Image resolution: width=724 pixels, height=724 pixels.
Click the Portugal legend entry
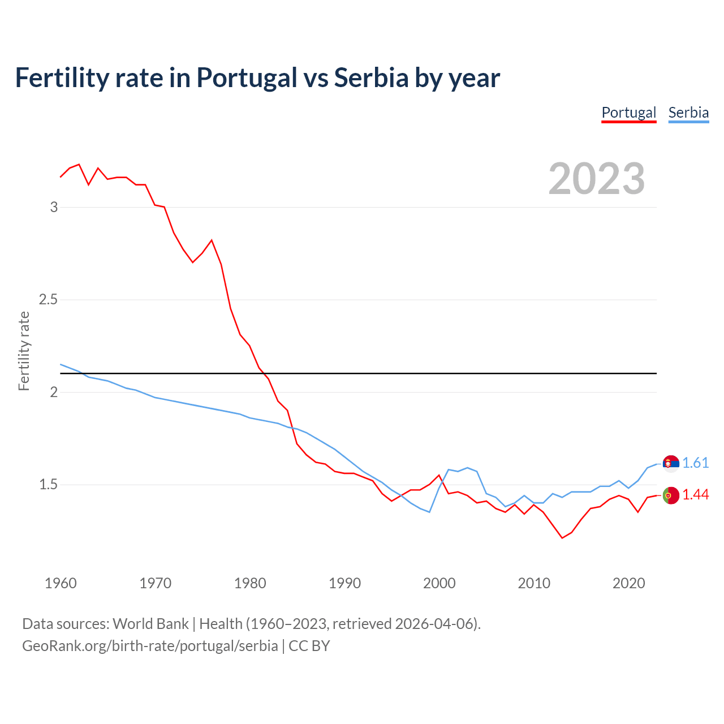click(x=628, y=113)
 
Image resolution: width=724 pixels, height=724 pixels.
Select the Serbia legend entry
click(x=688, y=113)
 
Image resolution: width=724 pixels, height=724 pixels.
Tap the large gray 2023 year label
click(x=597, y=179)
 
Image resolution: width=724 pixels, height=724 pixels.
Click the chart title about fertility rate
click(x=257, y=77)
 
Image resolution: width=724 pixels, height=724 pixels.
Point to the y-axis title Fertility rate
click(x=24, y=351)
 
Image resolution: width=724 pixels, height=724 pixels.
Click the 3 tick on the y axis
click(x=54, y=207)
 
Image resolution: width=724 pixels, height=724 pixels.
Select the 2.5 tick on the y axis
click(x=49, y=299)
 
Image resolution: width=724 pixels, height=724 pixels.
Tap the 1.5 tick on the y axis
click(x=49, y=484)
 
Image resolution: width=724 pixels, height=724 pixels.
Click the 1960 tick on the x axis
click(x=61, y=583)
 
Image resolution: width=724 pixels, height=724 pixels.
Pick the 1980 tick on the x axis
click(x=250, y=583)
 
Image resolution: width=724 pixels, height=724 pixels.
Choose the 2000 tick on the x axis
click(x=439, y=583)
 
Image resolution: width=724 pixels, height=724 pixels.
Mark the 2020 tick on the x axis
click(x=628, y=583)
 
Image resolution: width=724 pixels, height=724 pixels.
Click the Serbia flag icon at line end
click(x=671, y=463)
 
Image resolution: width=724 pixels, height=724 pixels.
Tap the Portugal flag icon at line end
click(x=671, y=495)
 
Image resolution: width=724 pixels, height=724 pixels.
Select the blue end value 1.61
click(x=695, y=463)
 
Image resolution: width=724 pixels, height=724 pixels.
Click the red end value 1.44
click(x=695, y=495)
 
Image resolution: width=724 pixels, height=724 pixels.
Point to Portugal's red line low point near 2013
click(x=562, y=537)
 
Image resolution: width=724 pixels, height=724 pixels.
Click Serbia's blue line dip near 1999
click(x=430, y=512)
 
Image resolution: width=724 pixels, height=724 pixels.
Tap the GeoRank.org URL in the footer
click(x=150, y=646)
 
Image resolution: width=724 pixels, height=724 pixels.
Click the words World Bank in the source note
click(x=150, y=624)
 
